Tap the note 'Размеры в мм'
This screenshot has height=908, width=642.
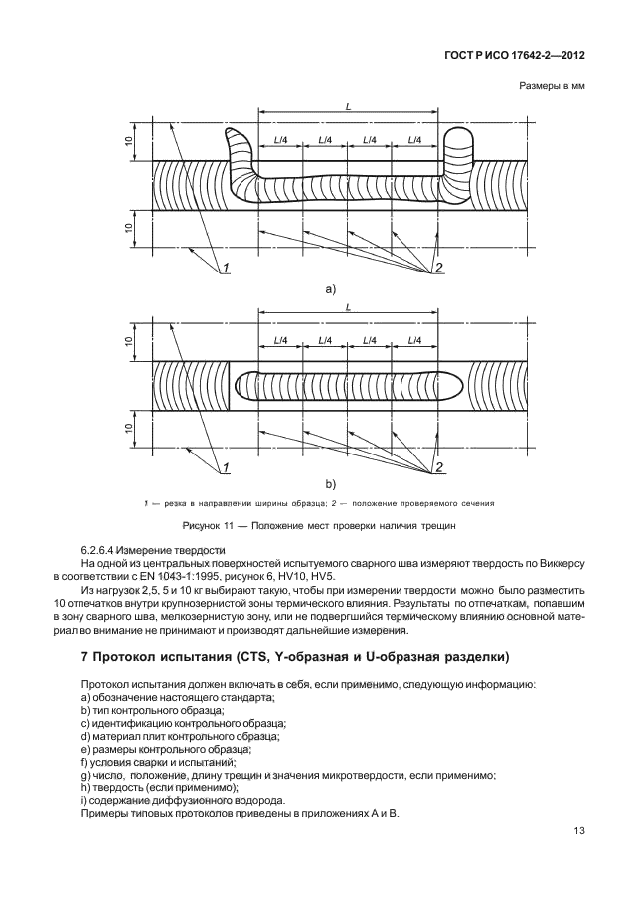coord(552,87)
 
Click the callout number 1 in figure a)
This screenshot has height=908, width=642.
coord(227,267)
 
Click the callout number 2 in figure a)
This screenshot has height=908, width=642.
coord(438,267)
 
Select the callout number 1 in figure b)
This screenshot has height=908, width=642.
coord(227,467)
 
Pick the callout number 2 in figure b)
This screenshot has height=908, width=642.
coord(438,467)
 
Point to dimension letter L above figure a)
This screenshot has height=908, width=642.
coord(348,107)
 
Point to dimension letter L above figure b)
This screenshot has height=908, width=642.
coord(348,308)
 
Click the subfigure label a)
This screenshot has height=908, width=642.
coord(331,289)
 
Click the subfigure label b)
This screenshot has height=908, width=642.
coord(331,484)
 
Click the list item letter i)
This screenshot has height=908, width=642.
coord(85,801)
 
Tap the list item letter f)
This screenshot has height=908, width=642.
coord(85,762)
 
